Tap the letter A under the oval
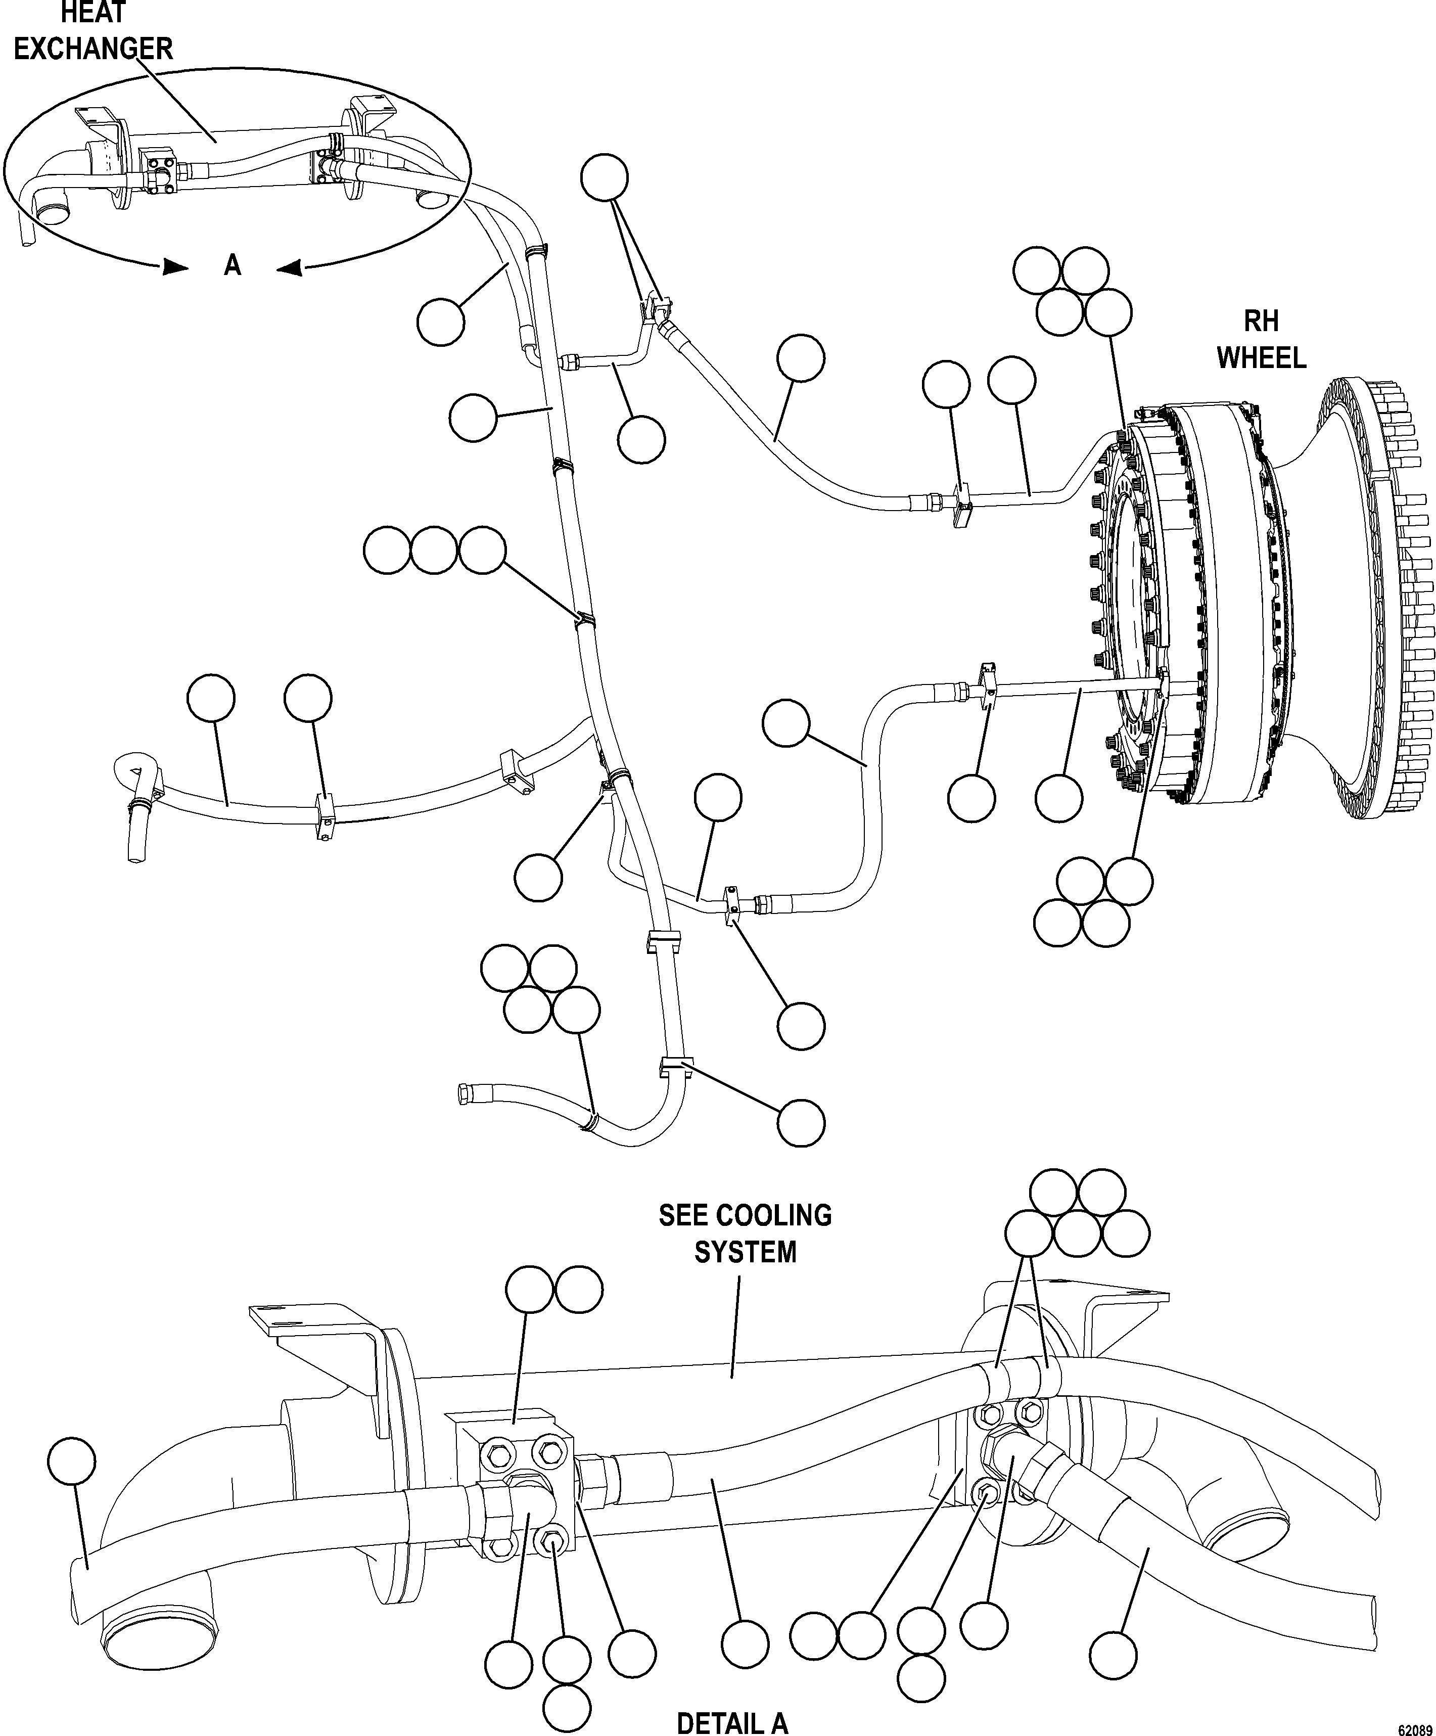[x=233, y=265]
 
